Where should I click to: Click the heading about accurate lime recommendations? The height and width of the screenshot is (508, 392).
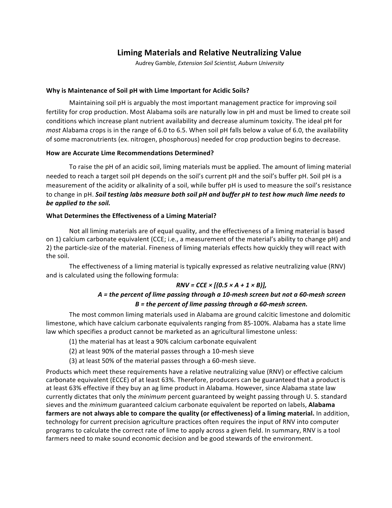pos(130,153)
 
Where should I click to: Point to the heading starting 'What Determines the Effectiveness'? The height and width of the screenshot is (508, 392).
pos(131,216)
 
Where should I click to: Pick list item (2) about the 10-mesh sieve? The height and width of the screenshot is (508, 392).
pos(161,351)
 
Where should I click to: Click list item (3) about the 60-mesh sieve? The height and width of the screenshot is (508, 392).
pos(162,361)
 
